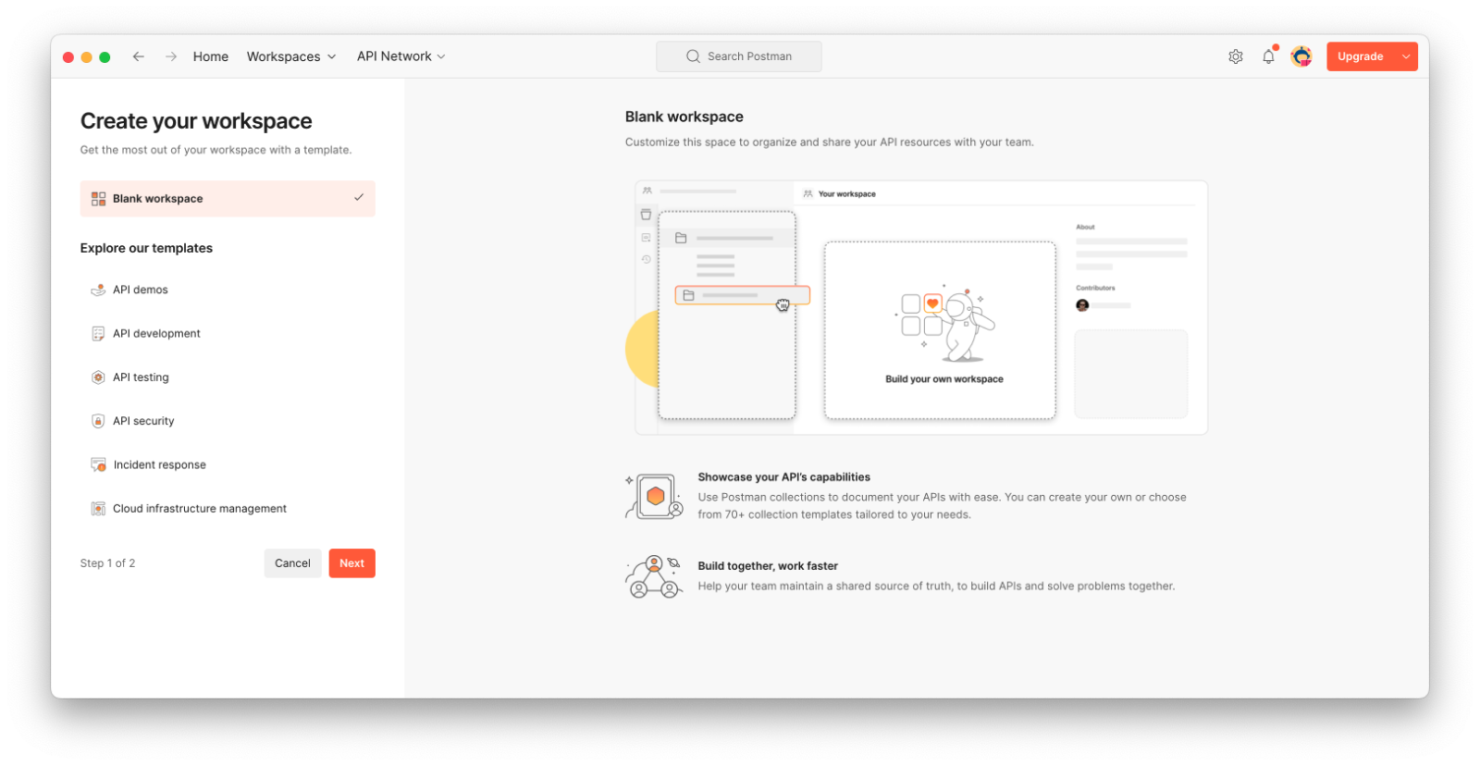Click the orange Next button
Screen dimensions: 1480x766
(x=351, y=563)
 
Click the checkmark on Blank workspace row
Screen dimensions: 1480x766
(x=359, y=197)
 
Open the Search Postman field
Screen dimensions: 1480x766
(x=739, y=56)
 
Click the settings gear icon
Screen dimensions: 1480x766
(x=1236, y=56)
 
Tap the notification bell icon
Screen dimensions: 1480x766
(x=1268, y=56)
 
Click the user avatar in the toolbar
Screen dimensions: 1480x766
(x=1301, y=56)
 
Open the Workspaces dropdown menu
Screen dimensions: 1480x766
(x=291, y=56)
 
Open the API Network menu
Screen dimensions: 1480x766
(x=401, y=56)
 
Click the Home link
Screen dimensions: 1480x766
(x=211, y=56)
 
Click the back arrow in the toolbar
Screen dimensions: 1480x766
(x=138, y=56)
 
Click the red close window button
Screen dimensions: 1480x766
(x=68, y=56)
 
